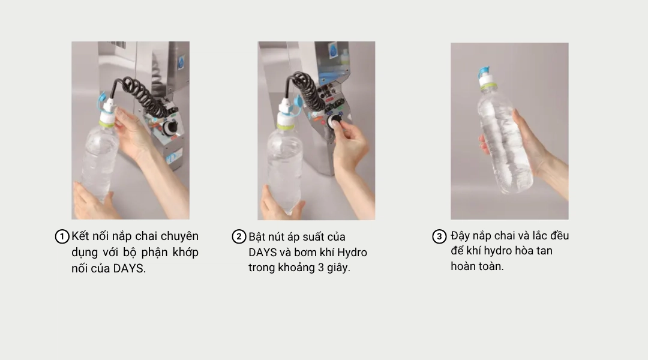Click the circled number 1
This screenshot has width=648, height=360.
(x=62, y=237)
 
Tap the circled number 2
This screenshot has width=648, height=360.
(x=239, y=237)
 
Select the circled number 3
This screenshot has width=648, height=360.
(x=439, y=236)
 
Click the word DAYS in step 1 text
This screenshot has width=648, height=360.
(x=128, y=269)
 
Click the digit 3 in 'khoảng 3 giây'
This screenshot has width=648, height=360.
(x=320, y=268)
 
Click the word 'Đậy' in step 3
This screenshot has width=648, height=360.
(x=460, y=236)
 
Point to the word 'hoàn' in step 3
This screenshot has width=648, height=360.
(x=463, y=266)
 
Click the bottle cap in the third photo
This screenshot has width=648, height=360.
(x=487, y=78)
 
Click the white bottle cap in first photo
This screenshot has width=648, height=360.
(x=107, y=112)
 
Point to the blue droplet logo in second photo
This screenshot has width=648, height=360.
(x=333, y=51)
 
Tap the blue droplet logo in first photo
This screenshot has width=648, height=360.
(x=181, y=63)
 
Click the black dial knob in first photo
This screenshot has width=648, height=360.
(x=169, y=127)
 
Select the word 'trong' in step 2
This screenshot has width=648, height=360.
(x=262, y=268)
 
